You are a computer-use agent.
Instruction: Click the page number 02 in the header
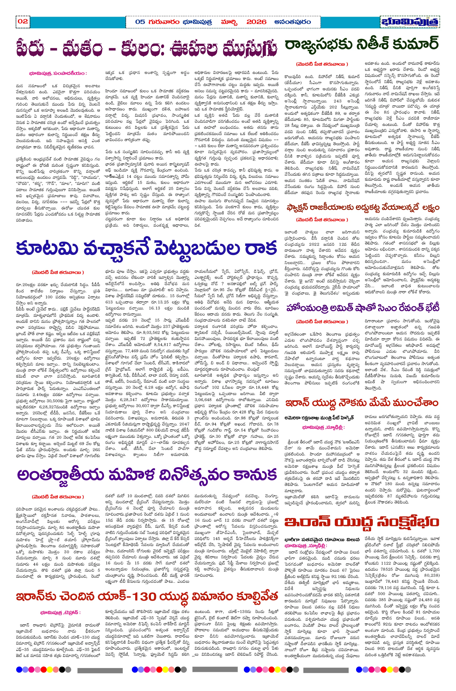(23, 21)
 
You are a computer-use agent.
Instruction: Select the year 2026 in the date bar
(256, 22)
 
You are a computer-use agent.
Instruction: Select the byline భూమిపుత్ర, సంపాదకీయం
(58, 73)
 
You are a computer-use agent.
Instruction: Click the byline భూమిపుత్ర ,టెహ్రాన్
(60, 612)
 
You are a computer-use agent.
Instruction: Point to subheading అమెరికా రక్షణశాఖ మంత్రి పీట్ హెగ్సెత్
(319, 418)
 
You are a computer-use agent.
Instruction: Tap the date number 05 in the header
(140, 22)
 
